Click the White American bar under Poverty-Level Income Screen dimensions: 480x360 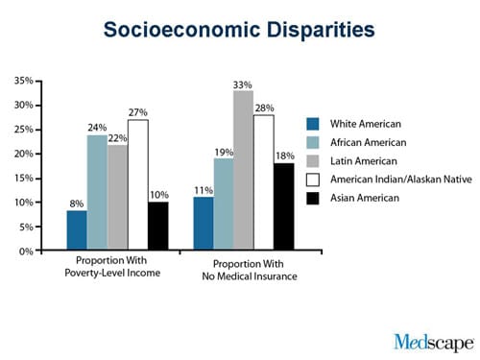tap(77, 230)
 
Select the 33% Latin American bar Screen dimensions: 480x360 tap(244, 170)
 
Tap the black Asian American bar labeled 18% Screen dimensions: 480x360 tap(284, 206)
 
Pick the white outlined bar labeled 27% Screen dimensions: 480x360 tap(138, 184)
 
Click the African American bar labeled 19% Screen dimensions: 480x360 tap(224, 204)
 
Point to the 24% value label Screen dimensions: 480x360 tap(97, 128)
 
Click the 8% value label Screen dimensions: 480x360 tap(77, 204)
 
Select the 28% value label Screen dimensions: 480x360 tap(264, 108)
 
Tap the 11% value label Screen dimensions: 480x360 tap(204, 190)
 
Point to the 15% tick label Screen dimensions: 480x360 tap(24, 179)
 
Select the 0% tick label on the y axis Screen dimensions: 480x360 tap(26, 252)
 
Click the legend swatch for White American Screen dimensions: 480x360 tap(313, 124)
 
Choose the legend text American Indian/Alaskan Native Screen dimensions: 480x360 tap(401, 180)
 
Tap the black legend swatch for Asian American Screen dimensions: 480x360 tap(313, 198)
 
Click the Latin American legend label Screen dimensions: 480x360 tap(364, 161)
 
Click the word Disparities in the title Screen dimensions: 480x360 tap(321, 30)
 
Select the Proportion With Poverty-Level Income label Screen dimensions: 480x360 tap(112, 267)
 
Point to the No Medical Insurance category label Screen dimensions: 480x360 tap(250, 276)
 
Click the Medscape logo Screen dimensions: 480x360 tap(434, 343)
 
